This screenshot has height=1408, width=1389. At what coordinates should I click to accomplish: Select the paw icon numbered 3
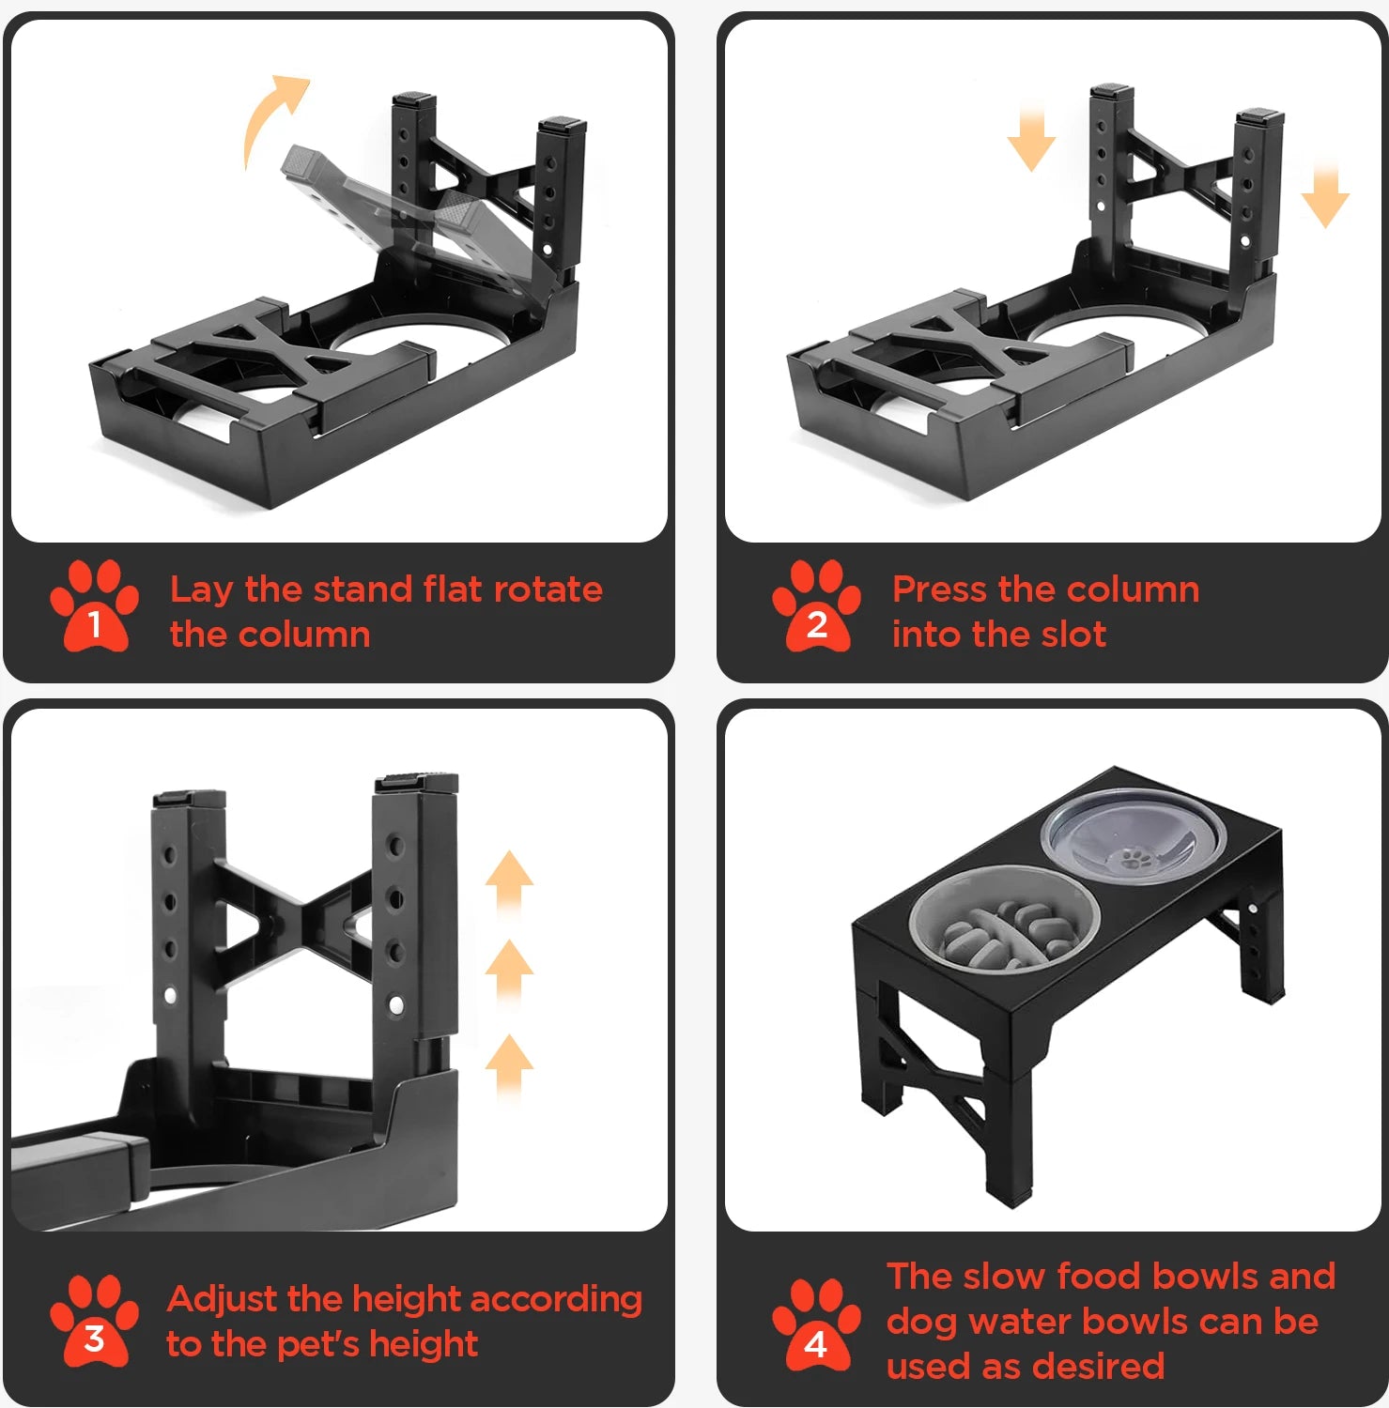(94, 1321)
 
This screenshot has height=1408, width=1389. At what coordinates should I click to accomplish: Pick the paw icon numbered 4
(816, 1324)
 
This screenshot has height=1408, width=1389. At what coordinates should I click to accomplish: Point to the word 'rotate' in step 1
(548, 589)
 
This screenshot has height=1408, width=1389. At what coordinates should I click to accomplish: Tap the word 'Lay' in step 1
(201, 590)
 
